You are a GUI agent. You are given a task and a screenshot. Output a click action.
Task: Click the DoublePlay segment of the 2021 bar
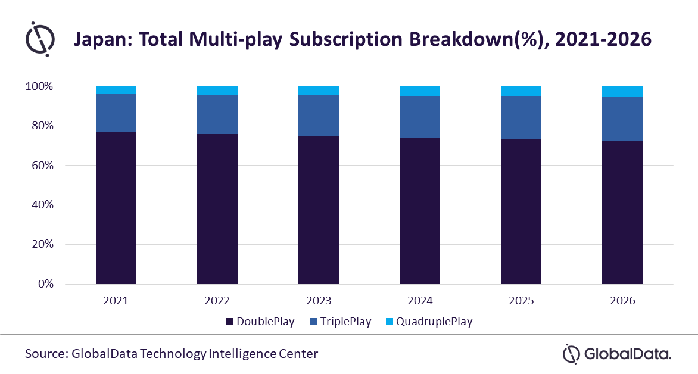coord(116,208)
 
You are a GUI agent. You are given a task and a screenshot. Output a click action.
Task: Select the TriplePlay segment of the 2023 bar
coord(319,116)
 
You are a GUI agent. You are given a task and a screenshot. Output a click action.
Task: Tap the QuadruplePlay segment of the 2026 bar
coord(622,91)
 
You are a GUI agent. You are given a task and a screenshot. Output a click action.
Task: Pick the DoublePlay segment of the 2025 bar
coord(521,211)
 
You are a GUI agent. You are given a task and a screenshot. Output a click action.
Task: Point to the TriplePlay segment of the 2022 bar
coord(217,114)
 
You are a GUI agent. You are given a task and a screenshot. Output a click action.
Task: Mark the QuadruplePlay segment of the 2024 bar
coord(420,91)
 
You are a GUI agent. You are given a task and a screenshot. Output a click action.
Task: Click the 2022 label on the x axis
coord(217,301)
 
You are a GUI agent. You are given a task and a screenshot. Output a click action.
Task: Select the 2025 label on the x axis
coord(521,301)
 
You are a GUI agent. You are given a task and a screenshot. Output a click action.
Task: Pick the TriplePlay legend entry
coord(341,322)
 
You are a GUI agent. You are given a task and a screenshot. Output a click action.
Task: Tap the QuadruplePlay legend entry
coord(429,322)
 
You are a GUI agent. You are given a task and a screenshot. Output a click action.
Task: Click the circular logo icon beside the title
coord(40,39)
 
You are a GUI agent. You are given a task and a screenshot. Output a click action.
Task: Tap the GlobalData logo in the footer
coord(617,354)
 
